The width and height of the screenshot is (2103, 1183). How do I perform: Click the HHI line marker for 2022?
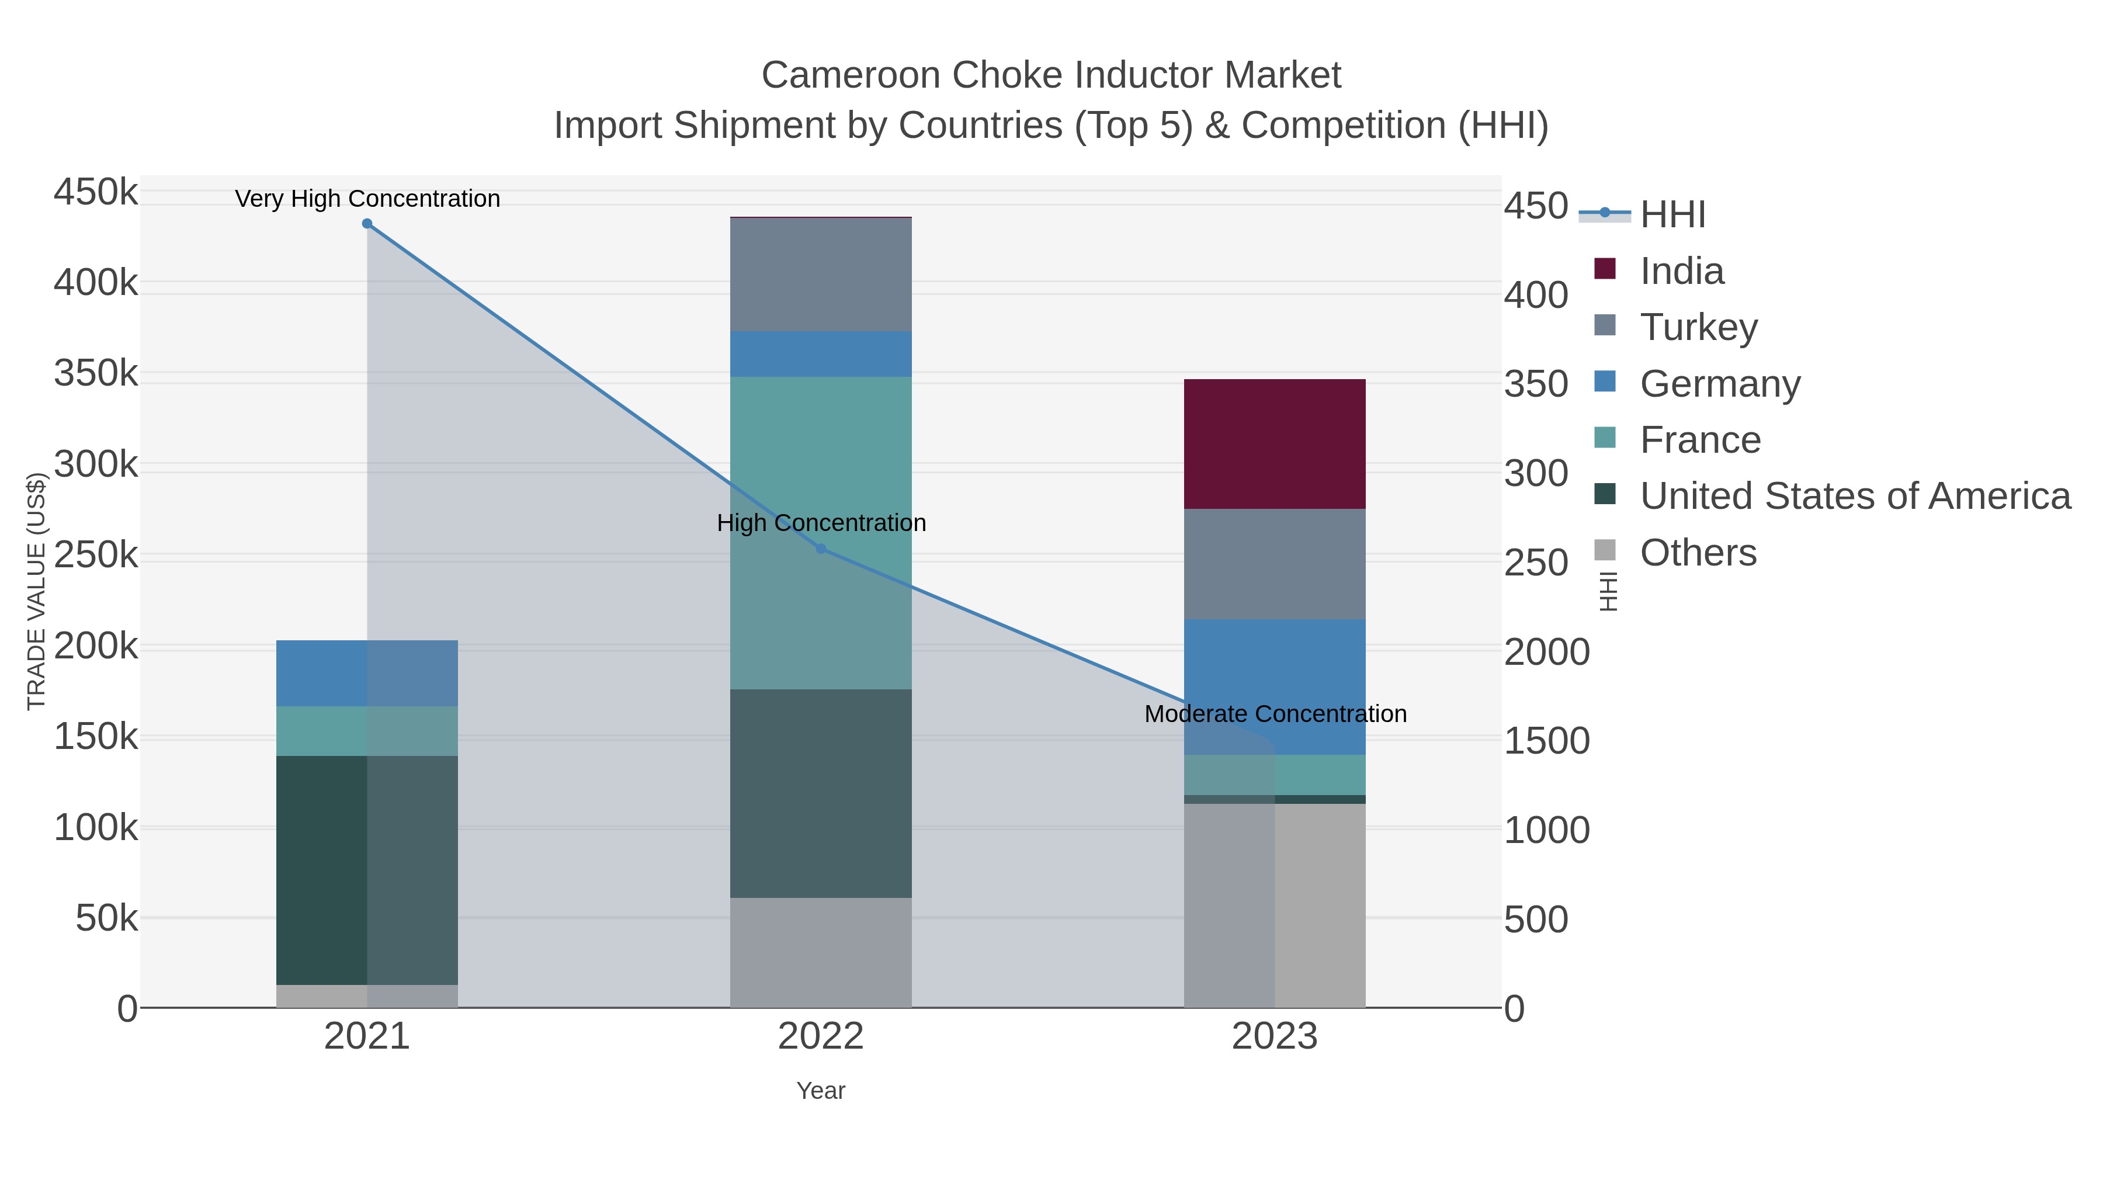[821, 549]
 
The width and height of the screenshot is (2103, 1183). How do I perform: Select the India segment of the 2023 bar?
[1275, 444]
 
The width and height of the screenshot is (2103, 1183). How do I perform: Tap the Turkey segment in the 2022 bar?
[821, 275]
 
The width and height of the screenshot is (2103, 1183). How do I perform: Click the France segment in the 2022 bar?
[821, 457]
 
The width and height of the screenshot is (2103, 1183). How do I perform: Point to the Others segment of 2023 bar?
[1275, 906]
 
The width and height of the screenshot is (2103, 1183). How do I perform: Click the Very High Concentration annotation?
[367, 199]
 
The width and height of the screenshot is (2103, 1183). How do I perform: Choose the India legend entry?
[1682, 271]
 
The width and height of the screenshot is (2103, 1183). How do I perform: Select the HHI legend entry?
[1672, 215]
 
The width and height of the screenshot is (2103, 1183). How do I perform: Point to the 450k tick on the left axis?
[96, 193]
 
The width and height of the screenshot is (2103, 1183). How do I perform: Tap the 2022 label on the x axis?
[821, 1037]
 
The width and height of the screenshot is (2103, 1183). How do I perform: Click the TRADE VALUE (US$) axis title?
[37, 591]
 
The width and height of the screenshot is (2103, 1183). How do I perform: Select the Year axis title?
[821, 1091]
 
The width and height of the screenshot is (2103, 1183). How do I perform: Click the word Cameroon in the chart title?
[850, 76]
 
